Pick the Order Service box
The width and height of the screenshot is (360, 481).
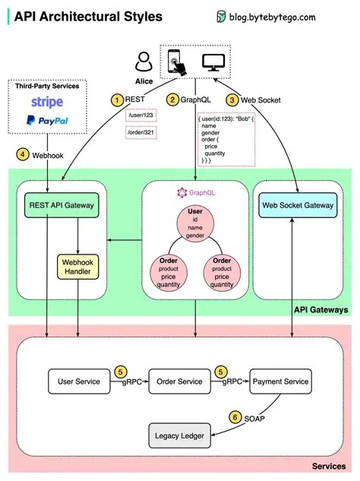click(180, 381)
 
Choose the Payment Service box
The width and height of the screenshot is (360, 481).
click(280, 381)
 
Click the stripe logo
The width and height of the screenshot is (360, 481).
click(47, 102)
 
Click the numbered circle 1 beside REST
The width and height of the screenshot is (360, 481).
click(117, 100)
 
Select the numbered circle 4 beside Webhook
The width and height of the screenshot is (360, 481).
click(24, 155)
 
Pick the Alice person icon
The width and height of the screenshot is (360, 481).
click(143, 61)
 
